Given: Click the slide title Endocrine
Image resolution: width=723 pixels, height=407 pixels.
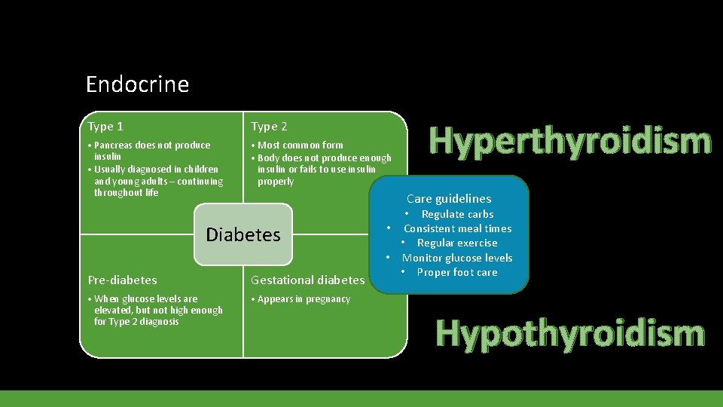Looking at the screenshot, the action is coord(137,84).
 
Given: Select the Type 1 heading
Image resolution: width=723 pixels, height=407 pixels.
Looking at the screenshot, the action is coord(105,127).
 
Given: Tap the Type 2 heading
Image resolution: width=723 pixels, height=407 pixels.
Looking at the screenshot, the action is coord(269,127).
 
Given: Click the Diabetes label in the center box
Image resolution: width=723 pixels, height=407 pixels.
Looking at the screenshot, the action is coord(243,234).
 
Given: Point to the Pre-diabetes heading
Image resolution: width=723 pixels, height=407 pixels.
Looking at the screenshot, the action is coord(122,280).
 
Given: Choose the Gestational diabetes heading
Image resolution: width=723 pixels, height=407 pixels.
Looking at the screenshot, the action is coord(307,280).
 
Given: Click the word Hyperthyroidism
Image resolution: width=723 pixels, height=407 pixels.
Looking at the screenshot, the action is coord(569,141).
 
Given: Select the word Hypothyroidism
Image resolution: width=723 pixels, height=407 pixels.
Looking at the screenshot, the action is coord(569,334).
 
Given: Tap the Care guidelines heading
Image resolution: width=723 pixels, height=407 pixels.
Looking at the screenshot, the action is coord(449,199).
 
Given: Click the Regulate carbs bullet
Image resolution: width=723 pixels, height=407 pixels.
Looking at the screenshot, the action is coord(456,214).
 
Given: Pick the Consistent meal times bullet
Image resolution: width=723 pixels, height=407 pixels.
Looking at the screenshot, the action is coord(457,228).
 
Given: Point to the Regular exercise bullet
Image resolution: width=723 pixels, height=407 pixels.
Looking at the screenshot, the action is coord(456,243).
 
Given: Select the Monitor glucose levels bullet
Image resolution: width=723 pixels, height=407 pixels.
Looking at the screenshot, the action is coord(456,258).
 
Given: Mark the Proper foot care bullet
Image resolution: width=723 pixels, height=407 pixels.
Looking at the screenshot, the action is coord(456,272).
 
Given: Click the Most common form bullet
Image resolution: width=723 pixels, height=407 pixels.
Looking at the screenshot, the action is coord(300,145).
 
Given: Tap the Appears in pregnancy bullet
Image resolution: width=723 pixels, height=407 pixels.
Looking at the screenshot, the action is coord(304,299).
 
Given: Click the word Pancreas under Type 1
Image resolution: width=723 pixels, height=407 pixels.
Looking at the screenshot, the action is coord(113,145).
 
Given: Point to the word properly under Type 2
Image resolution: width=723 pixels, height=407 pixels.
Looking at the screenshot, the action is coord(276,182).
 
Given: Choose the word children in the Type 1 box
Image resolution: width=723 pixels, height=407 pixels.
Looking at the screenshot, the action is coord(200,170).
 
